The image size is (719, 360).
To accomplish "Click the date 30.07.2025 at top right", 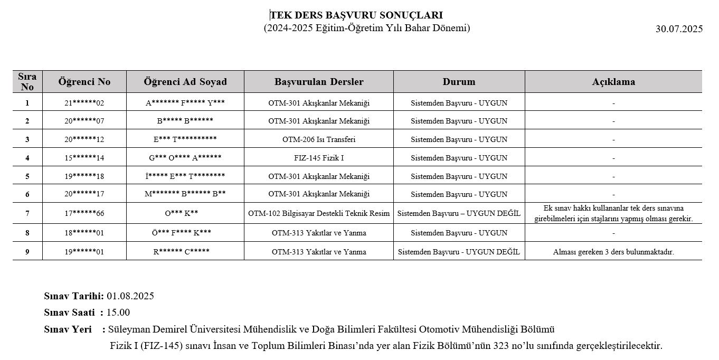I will point(679,29).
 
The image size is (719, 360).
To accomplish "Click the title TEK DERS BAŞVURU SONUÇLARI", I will point(356,15).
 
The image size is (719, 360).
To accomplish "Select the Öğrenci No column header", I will point(84,82).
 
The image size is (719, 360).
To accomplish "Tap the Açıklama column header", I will point(613,82).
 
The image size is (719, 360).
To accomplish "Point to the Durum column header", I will point(459,82).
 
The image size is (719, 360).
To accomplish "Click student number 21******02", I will point(84,103).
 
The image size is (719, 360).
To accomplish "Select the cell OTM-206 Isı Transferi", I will point(319,140).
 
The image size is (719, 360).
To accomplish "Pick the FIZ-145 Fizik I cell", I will point(319,158).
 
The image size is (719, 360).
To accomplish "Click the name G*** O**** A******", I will point(185,158).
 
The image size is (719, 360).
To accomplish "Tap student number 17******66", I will point(84,213).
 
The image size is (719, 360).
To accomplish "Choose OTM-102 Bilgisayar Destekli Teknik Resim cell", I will point(319,213).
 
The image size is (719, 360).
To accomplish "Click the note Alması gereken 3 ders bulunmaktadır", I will point(613,252).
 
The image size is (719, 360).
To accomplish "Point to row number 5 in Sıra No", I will point(27,176).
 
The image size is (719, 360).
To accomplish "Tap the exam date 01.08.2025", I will point(130,296).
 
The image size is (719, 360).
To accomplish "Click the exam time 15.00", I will point(118,312).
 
